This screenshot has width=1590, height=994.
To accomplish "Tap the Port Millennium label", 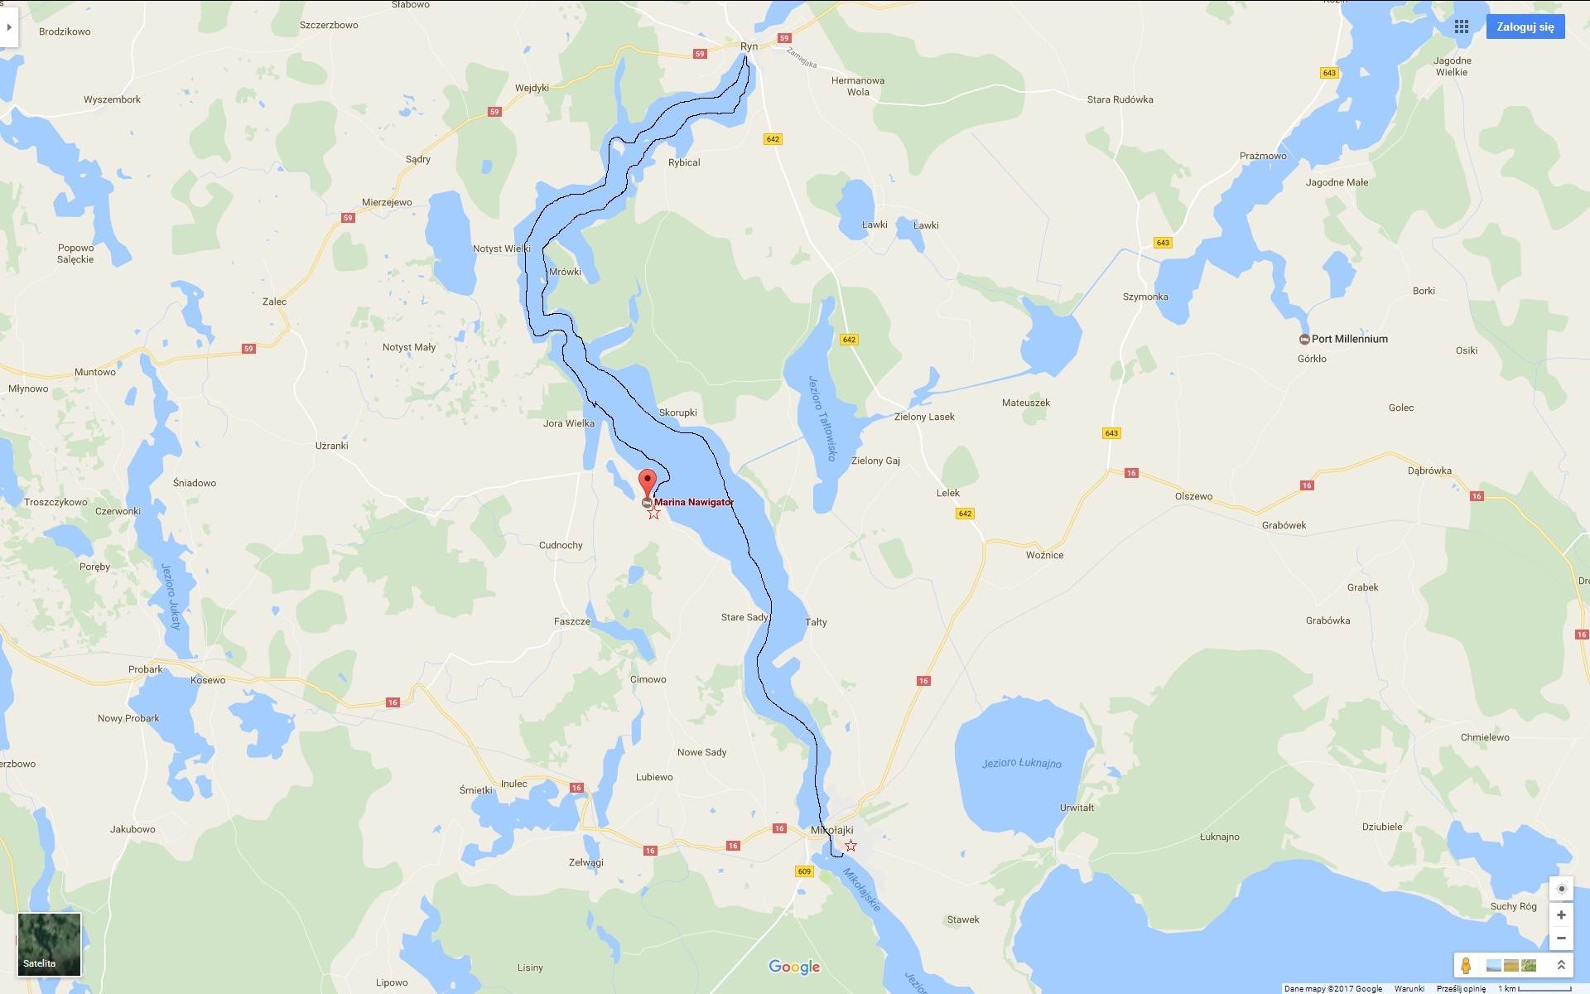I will click(1349, 339).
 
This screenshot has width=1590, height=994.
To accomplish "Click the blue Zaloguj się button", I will click(1525, 27).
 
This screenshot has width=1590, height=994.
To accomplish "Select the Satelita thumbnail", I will click(50, 944).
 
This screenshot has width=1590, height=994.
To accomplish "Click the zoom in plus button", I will click(1561, 915).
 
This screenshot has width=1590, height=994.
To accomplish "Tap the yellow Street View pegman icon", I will click(1466, 966).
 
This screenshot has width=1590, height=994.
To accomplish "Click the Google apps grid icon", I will click(1462, 27).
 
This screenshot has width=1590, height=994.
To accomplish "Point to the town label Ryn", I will click(749, 46).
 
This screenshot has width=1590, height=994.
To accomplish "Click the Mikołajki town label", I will click(831, 830).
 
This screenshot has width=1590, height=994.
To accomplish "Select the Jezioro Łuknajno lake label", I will click(1021, 763).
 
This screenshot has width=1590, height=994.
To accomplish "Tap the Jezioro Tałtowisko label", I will click(823, 418).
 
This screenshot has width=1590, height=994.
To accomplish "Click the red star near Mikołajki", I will click(850, 846).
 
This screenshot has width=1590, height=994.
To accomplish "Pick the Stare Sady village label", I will click(744, 617).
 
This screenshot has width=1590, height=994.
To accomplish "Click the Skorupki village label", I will click(677, 413).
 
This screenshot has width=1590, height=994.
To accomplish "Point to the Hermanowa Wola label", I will click(858, 86).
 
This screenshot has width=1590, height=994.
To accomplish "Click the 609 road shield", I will click(804, 871).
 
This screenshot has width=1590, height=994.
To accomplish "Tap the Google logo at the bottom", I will click(794, 967).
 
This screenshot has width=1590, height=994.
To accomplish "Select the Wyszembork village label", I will click(112, 99).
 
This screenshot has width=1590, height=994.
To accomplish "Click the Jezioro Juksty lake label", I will click(171, 596).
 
